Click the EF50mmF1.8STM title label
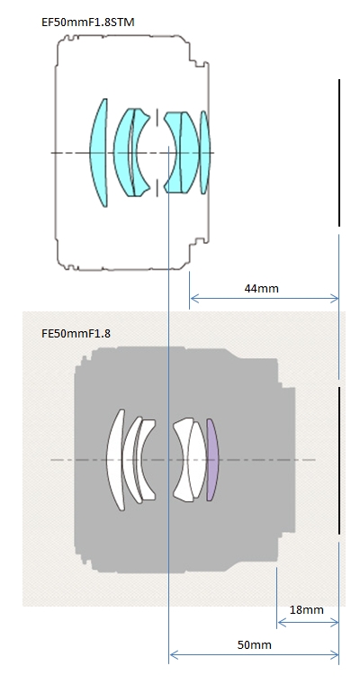(x=87, y=22)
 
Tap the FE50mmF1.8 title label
(x=76, y=334)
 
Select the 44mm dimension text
(x=261, y=288)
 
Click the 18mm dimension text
(x=306, y=610)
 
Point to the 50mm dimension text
(x=255, y=644)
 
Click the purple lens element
(x=212, y=460)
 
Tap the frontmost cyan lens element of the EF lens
(x=100, y=153)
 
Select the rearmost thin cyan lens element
(x=204, y=152)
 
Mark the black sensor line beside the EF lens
(x=339, y=153)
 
